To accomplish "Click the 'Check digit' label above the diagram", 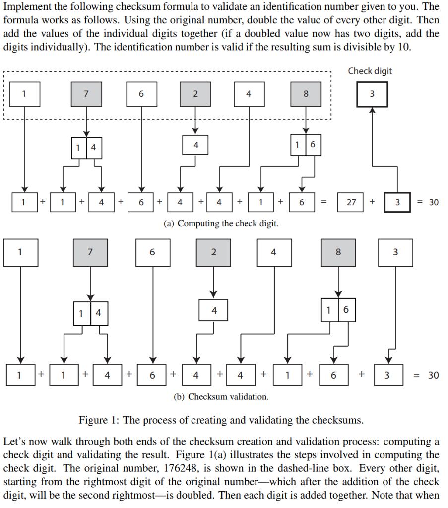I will point(370,71).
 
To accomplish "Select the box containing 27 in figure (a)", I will point(351,202).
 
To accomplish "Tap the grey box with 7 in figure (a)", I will point(86,94).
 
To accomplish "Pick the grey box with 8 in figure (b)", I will point(338,252).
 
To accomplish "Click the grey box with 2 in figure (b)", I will point(213,252).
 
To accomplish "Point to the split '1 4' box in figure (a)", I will point(86,148).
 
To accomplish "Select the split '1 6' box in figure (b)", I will point(338,310).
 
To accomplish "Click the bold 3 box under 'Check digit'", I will point(372,94).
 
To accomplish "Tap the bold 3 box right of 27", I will point(397,202).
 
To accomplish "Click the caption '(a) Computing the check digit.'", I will point(221,223).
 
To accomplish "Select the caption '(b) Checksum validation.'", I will point(221,397).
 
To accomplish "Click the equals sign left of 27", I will point(323,202).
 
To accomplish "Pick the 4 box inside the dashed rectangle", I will point(249,94).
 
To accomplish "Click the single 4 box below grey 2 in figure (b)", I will point(214,311).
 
